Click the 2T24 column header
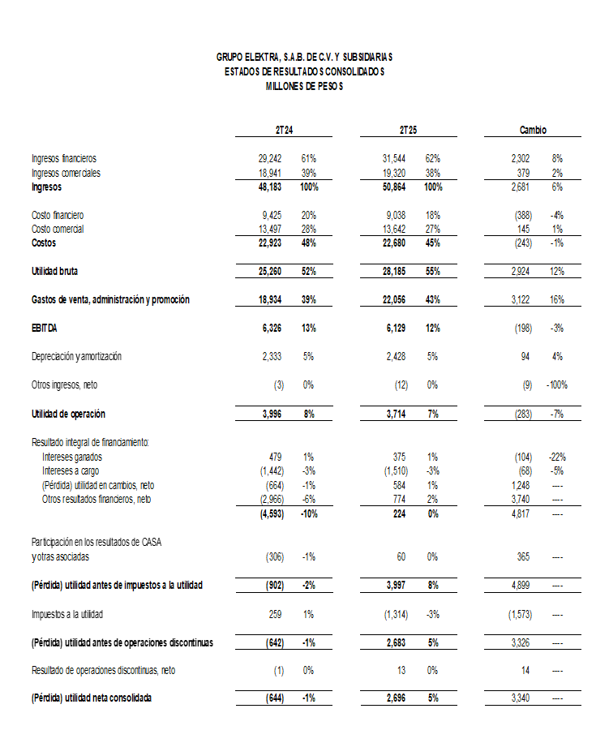[283, 130]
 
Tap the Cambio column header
[533, 130]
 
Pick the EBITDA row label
[45, 328]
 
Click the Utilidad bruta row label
[54, 272]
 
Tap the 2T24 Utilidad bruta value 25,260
[268, 272]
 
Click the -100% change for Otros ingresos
[556, 384]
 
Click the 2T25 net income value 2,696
[395, 698]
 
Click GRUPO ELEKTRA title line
[304, 57]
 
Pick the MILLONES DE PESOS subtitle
[304, 86]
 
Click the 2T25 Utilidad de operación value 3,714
[395, 414]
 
